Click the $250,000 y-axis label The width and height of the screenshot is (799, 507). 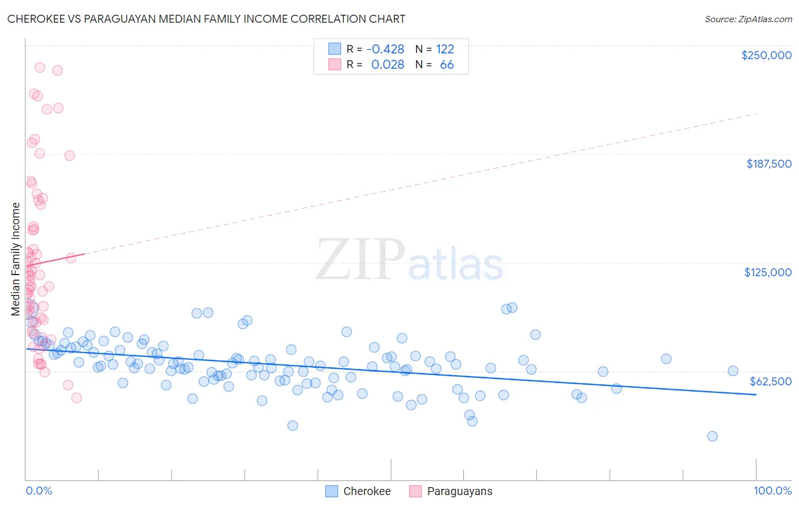point(766,55)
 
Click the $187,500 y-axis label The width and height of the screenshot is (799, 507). point(768,164)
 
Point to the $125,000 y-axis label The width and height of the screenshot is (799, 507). point(768,272)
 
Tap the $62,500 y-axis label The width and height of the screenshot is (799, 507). point(771,381)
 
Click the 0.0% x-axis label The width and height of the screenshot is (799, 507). point(39,491)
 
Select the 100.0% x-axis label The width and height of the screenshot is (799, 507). point(772,491)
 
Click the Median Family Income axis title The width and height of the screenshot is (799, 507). point(16,259)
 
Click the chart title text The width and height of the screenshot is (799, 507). point(206,19)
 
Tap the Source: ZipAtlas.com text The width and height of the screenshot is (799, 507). point(748,19)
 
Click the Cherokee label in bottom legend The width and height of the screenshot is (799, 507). point(367,491)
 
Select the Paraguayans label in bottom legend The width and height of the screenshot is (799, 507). point(459,491)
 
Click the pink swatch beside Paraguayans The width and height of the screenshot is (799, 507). point(415,491)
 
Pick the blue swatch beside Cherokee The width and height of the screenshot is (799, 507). point(332,491)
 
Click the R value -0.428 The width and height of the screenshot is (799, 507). point(385,49)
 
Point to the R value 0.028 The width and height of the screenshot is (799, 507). point(388,65)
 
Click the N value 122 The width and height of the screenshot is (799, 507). point(445,49)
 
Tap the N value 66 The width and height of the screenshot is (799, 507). point(447,65)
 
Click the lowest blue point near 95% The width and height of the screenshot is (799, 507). point(712,436)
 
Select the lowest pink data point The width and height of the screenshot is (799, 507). point(77,398)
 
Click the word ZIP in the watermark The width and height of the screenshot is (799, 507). point(360,260)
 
